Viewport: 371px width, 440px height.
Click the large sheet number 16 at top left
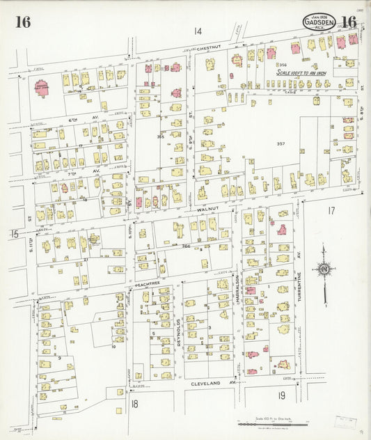(23, 22)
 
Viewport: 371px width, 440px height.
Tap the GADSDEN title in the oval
(319, 22)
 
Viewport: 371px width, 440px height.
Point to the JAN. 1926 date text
(319, 15)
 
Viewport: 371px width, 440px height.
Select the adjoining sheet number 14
(198, 31)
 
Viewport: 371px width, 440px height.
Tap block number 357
(281, 144)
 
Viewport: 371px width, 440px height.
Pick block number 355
(160, 136)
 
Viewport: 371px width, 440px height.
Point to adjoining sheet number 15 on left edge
(14, 234)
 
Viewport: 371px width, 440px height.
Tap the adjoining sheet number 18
(134, 404)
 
